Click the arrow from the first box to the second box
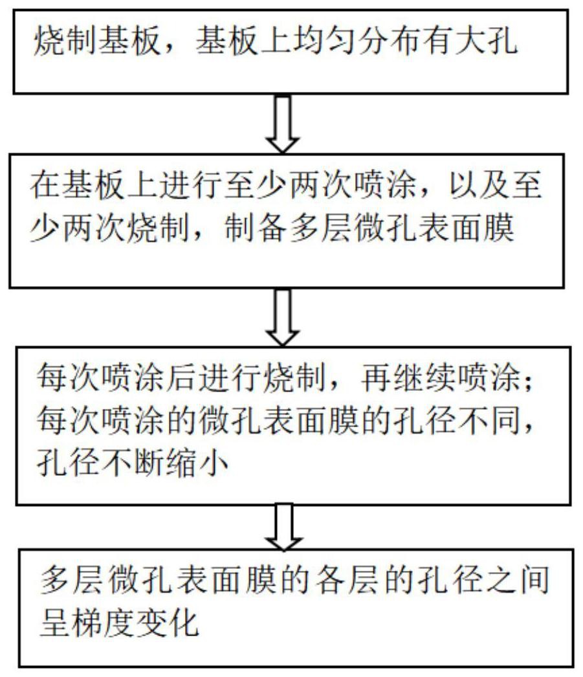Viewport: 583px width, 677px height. click(283, 124)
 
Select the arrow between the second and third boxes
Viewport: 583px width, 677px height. click(283, 317)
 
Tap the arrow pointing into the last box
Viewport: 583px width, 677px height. click(283, 526)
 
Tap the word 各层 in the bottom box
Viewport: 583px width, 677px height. click(347, 580)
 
